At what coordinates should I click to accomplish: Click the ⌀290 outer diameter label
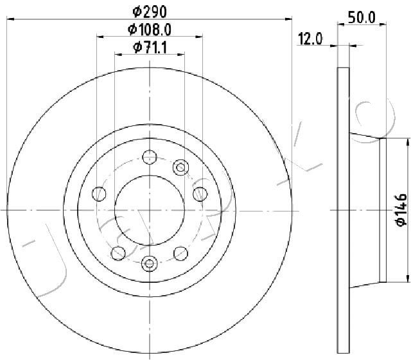point(150,12)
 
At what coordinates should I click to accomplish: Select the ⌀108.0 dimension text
point(150,30)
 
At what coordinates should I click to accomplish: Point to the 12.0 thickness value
point(310,39)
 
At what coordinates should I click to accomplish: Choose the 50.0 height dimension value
point(362,17)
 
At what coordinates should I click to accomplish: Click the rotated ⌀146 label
point(401,210)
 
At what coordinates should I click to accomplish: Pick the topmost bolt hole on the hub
point(150,157)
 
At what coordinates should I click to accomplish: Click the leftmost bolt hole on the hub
point(99,194)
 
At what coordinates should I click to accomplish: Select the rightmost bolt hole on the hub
point(200,194)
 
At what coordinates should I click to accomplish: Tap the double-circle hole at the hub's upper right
point(180,167)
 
